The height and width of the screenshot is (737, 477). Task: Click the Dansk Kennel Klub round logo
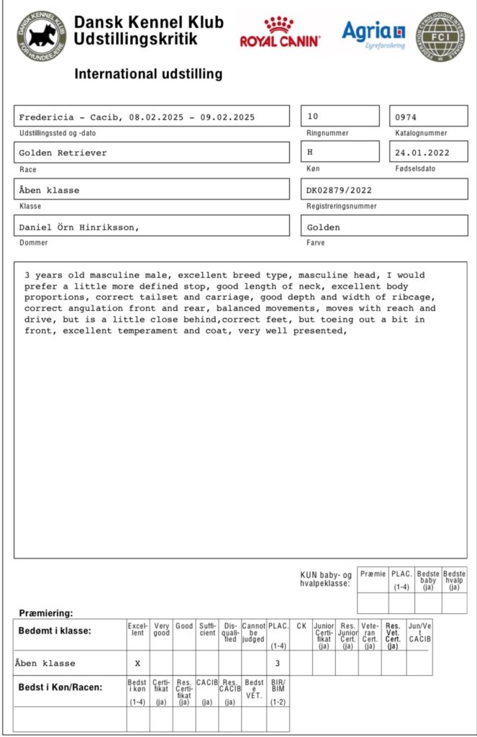(42, 35)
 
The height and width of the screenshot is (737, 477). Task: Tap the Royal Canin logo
(280, 33)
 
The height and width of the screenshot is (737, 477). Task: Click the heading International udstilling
(148, 74)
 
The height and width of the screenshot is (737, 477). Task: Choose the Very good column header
(161, 630)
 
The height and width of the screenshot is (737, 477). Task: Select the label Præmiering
(46, 613)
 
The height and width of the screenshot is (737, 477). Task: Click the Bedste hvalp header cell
(455, 579)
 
